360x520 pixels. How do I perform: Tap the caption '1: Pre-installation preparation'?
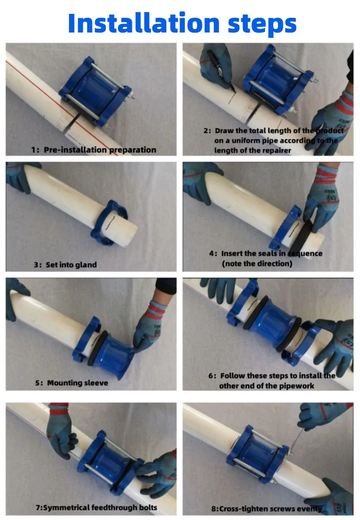tap(93, 149)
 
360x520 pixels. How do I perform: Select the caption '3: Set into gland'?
tap(65, 264)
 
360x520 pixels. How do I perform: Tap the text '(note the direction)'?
tap(257, 263)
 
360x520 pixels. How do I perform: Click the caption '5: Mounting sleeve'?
tap(72, 383)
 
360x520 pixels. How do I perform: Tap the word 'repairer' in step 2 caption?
tap(278, 150)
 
